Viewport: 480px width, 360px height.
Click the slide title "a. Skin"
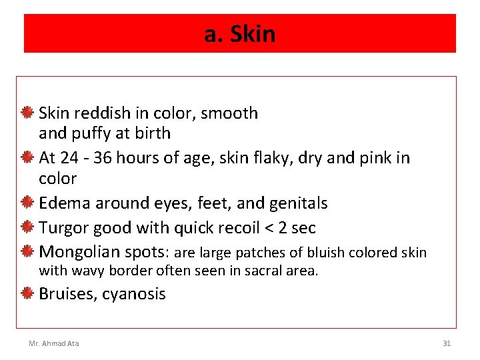[239, 34]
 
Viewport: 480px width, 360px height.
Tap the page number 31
[447, 343]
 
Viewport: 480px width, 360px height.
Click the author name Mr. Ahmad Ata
[53, 343]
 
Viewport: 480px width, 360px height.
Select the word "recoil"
[234, 227]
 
